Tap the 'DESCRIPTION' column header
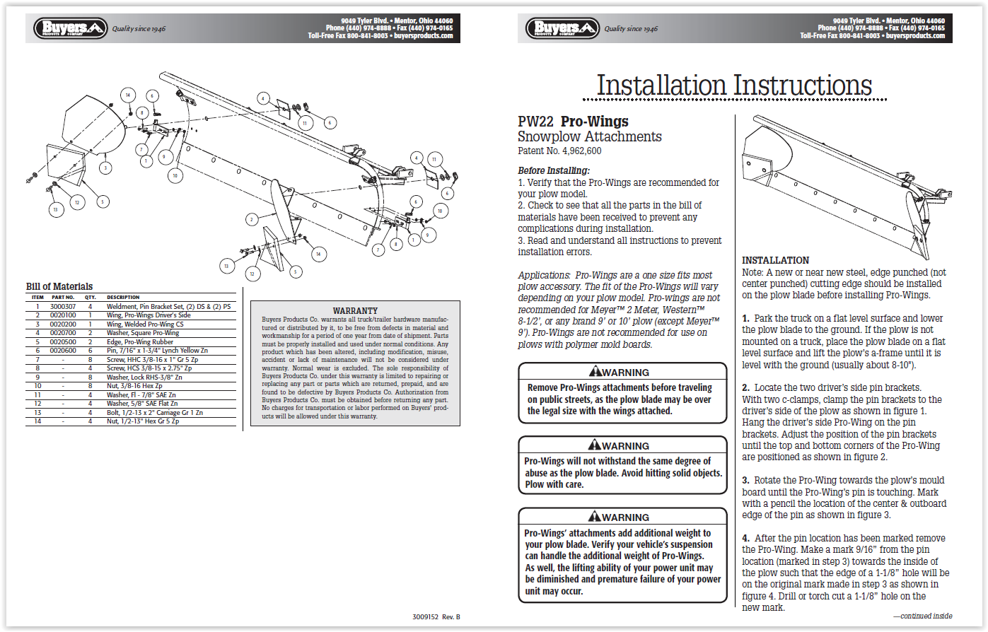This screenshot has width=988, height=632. (123, 298)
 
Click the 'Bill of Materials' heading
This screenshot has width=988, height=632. (59, 286)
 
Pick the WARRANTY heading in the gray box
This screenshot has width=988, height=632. (355, 310)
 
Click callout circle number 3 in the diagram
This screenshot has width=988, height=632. (105, 168)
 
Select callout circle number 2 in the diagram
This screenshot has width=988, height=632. (250, 220)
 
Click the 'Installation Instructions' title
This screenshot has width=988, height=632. (734, 86)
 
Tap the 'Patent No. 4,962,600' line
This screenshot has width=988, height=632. (559, 151)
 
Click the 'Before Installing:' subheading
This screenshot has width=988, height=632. (553, 170)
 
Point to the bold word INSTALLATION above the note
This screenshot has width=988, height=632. (775, 260)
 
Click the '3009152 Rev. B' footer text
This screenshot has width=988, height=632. (436, 617)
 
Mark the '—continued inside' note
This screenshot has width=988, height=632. (922, 616)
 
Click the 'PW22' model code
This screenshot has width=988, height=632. (535, 122)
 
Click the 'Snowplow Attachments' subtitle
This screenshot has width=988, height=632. (589, 137)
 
